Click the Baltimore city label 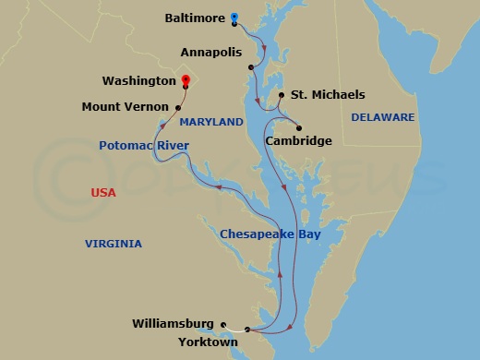point(195,17)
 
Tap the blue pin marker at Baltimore point(235,17)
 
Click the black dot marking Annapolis point(251,66)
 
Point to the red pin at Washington point(186,80)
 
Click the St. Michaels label point(328,95)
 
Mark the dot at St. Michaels point(281,95)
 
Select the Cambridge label point(297,141)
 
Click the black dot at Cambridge point(300,127)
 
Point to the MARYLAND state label point(211,122)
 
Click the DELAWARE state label point(382,117)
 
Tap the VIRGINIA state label point(114,244)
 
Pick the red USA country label point(103,192)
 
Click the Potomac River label point(144,146)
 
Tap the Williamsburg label point(173,323)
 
